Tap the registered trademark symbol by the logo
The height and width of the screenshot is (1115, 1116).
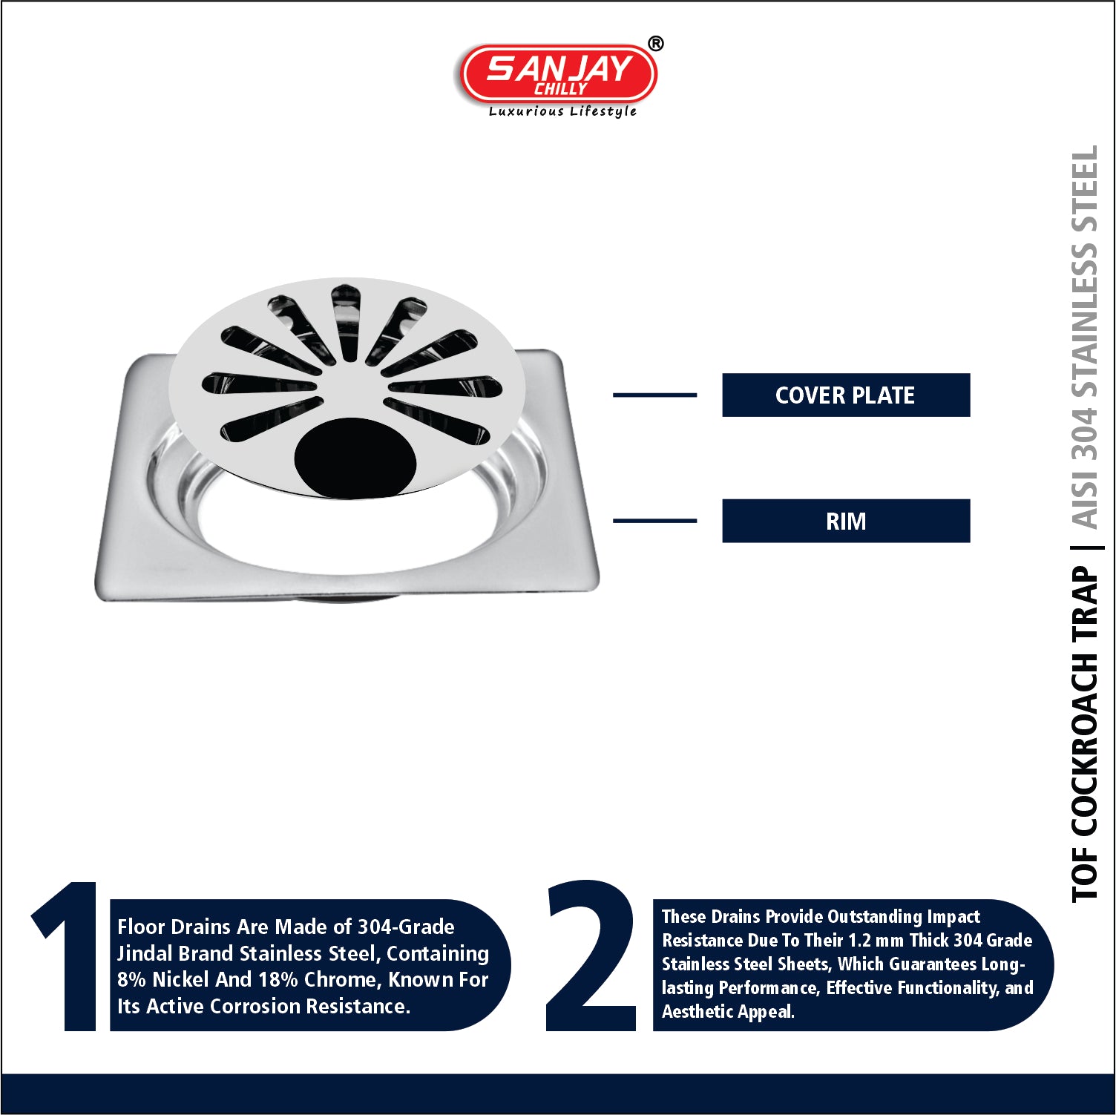[656, 44]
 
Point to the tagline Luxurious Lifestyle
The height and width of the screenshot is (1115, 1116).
[562, 111]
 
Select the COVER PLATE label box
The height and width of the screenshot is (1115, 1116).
[846, 395]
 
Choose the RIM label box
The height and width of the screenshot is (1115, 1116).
[846, 521]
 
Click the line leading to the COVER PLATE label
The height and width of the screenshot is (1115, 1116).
[654, 395]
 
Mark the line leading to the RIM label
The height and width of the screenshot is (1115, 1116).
[654, 521]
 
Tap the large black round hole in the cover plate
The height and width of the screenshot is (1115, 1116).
[355, 457]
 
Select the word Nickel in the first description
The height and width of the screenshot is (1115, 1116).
[180, 979]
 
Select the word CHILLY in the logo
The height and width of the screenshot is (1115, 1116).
[561, 89]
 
